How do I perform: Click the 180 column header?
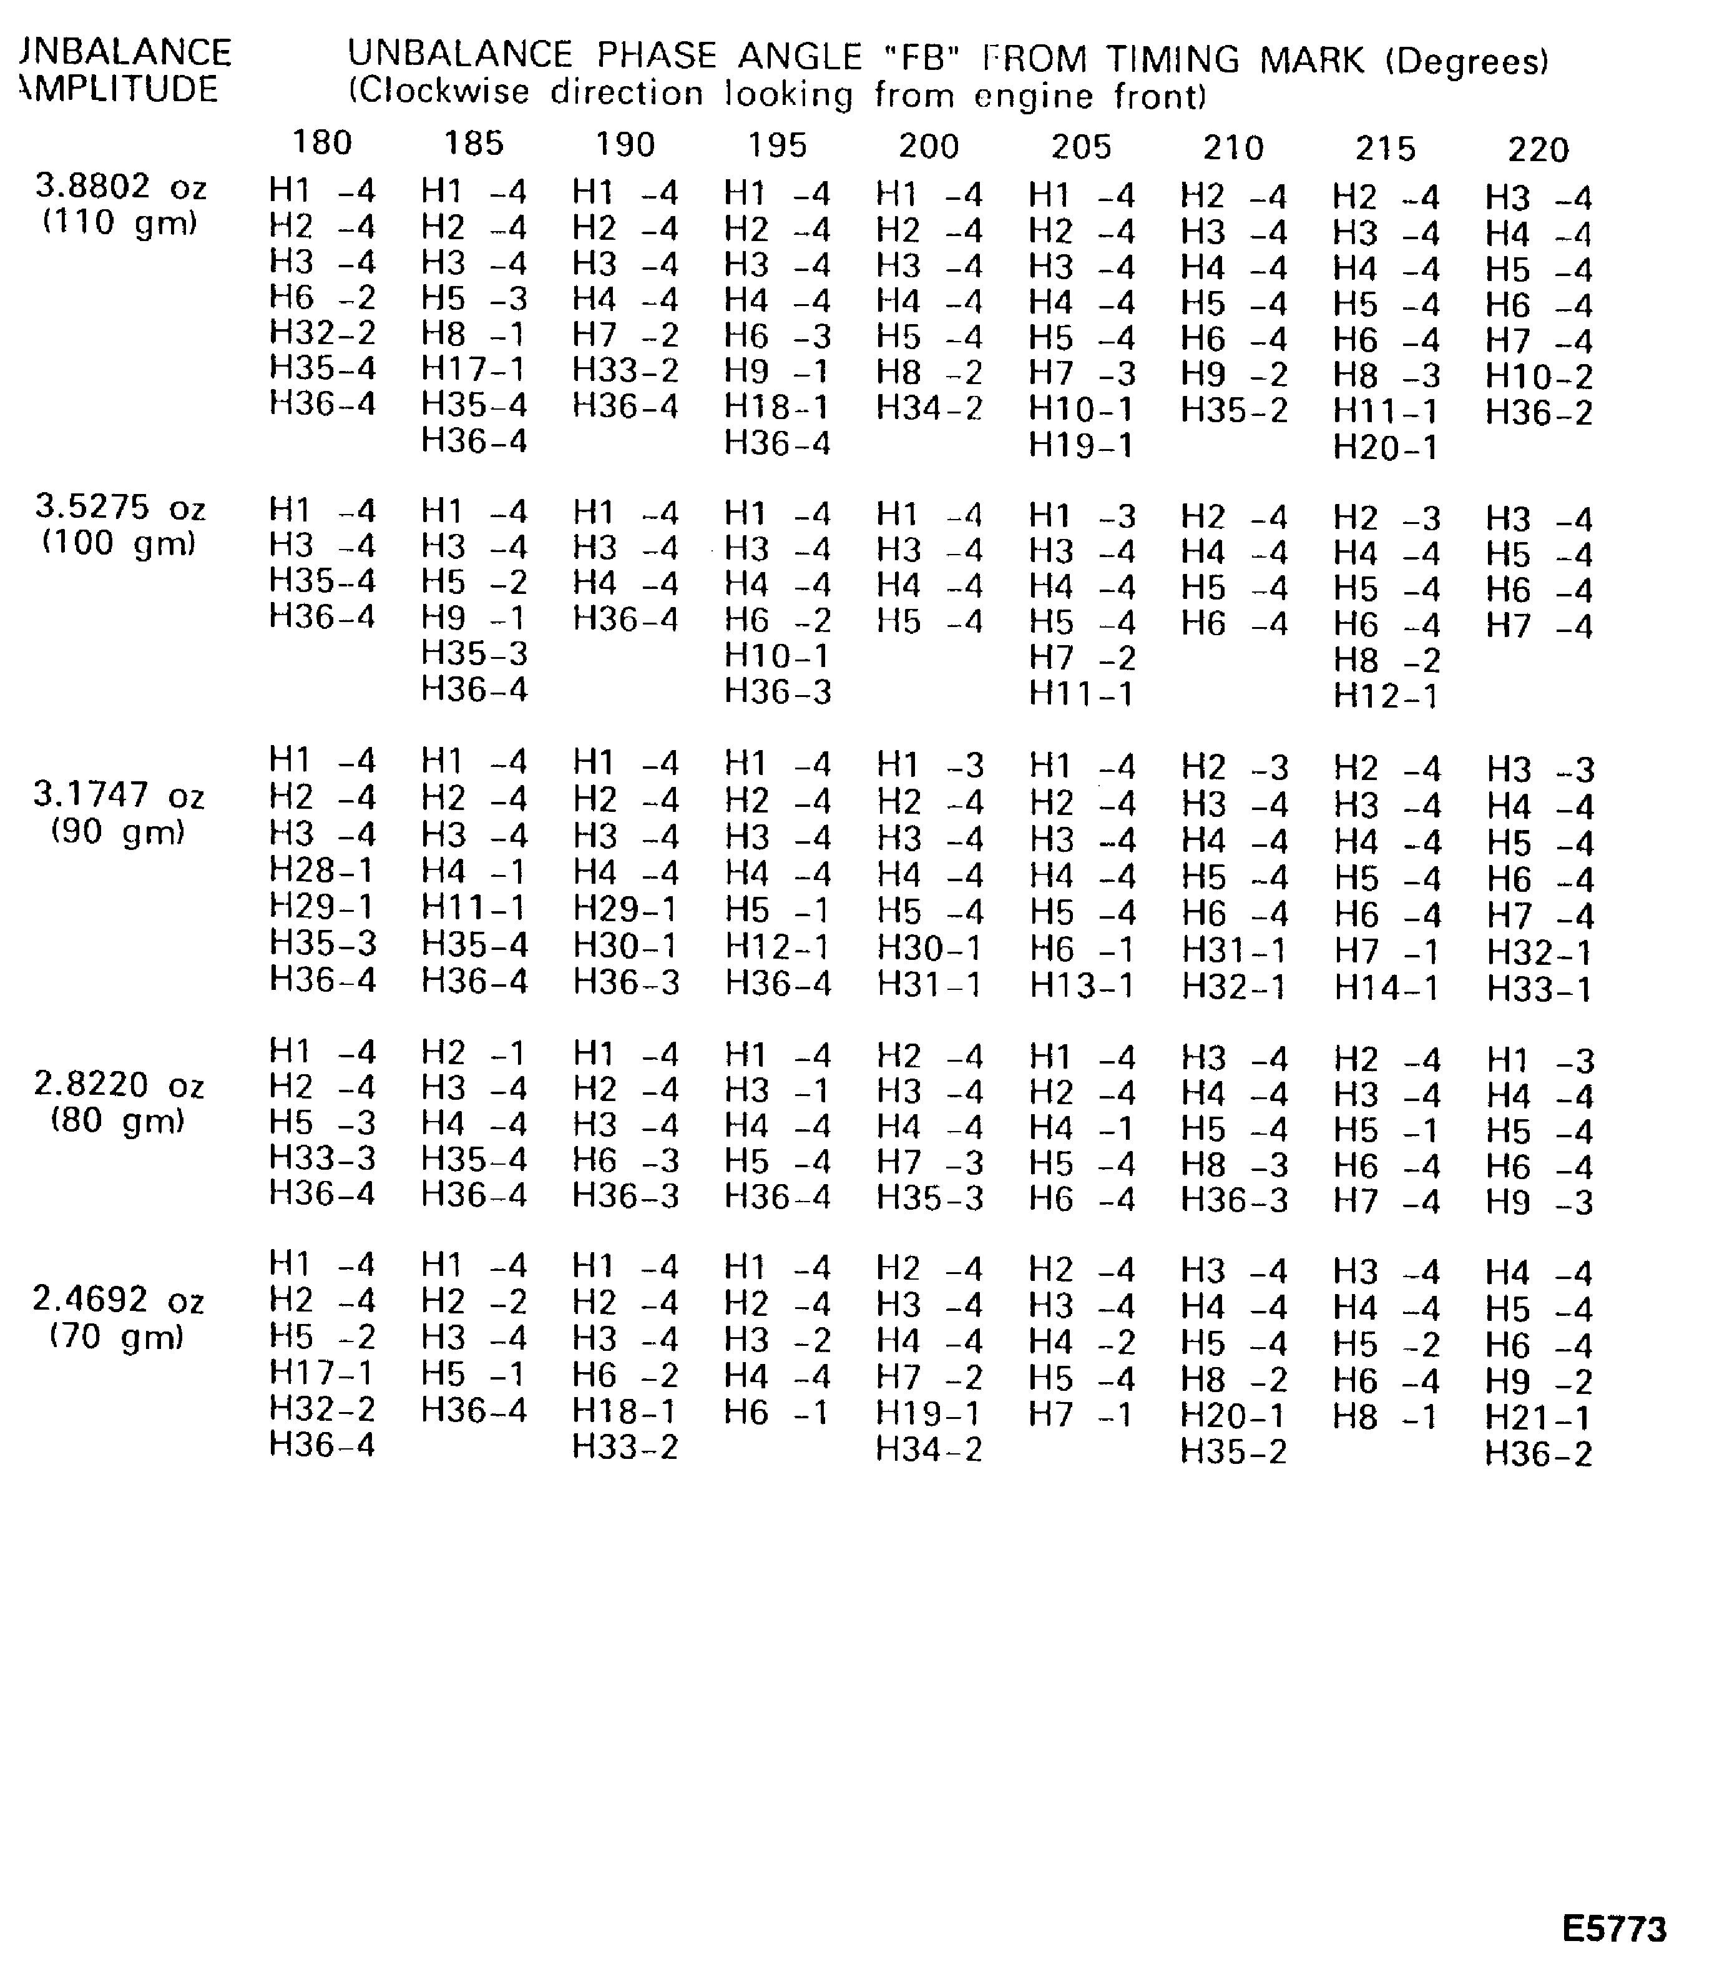[x=322, y=143]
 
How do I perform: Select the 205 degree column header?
[x=1081, y=147]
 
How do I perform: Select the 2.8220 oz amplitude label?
[x=119, y=1085]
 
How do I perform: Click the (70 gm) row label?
[x=117, y=1335]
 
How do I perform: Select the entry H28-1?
[x=322, y=871]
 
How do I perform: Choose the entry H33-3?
[x=322, y=1158]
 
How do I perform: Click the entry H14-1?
[x=1386, y=988]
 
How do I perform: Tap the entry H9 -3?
[x=1538, y=1202]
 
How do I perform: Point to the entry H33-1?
[x=1538, y=989]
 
